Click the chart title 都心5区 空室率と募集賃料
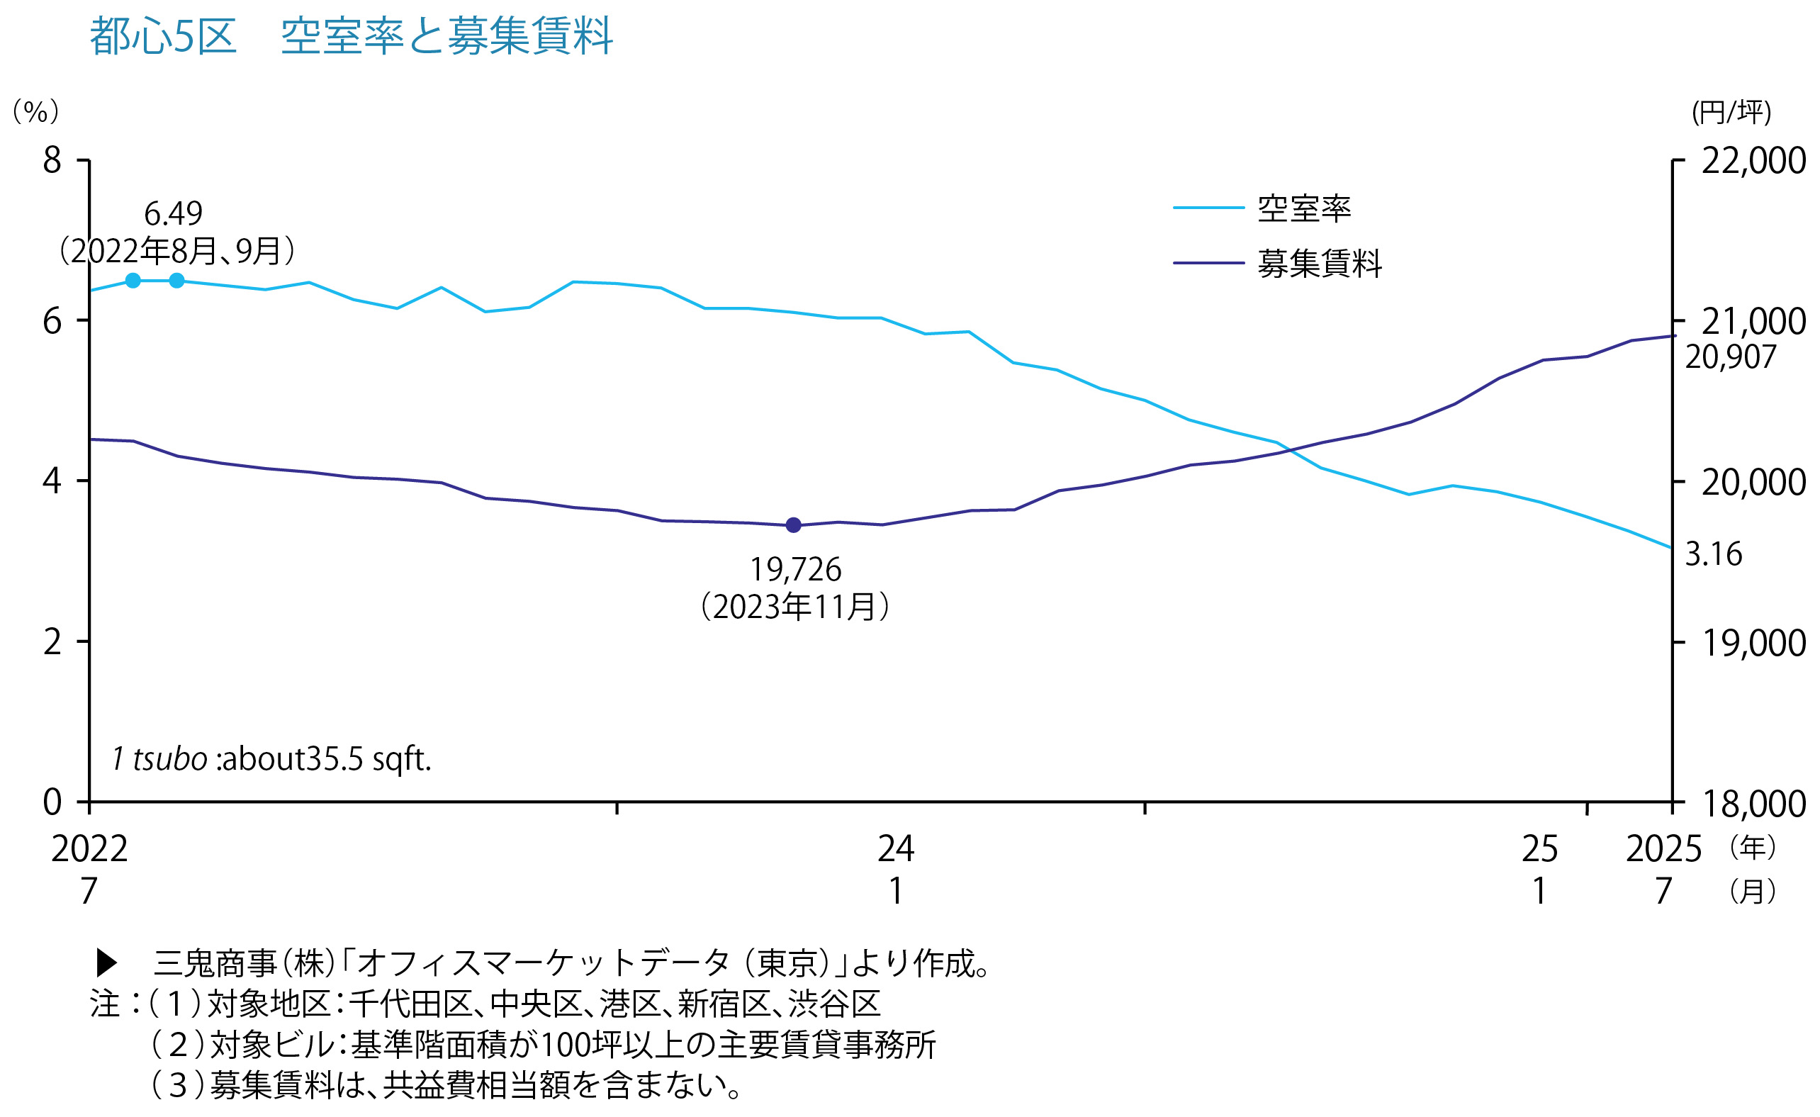tap(351, 35)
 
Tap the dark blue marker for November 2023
tap(793, 525)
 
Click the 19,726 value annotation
tap(795, 570)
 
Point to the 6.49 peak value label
tap(173, 214)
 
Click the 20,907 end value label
tap(1730, 357)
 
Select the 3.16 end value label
tap(1714, 554)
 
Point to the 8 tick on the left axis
tap(52, 160)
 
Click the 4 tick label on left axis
tap(52, 481)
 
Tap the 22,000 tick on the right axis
tap(1753, 161)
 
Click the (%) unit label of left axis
tap(35, 111)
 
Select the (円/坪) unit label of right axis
tap(1731, 112)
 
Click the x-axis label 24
tap(895, 850)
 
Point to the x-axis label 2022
tap(89, 850)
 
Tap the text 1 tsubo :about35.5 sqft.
tap(271, 758)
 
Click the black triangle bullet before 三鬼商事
tap(107, 962)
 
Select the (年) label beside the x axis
tap(1753, 847)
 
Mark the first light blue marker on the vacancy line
tap(133, 281)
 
